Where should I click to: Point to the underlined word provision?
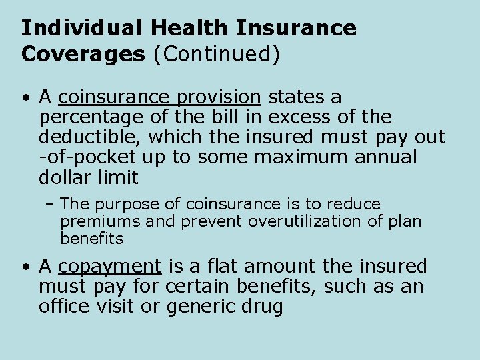219,98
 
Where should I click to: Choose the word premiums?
101,221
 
